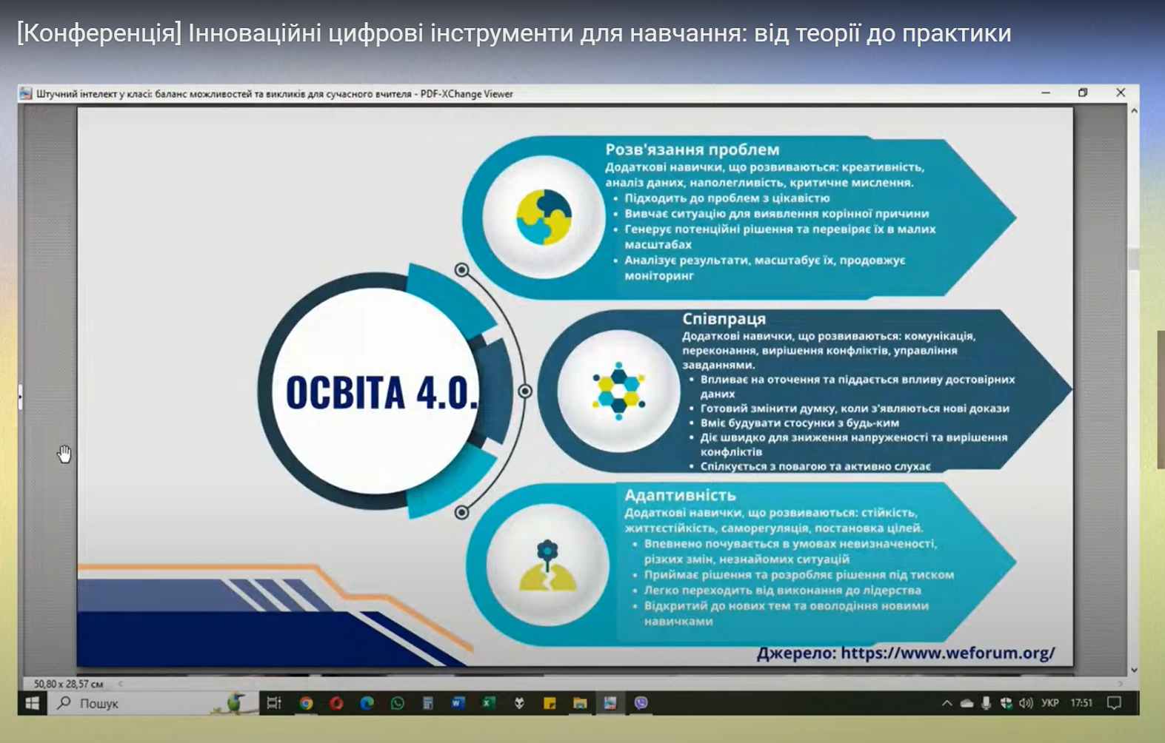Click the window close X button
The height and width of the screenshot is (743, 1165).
click(1121, 93)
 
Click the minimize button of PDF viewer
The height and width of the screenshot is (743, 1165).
click(1046, 93)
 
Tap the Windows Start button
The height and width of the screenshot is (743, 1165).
click(33, 703)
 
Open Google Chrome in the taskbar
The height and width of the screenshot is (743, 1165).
click(307, 703)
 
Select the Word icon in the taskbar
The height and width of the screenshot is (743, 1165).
click(458, 703)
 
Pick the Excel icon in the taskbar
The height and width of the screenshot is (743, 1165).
click(488, 703)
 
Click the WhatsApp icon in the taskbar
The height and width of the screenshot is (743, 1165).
click(398, 703)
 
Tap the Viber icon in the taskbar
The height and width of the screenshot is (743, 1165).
click(641, 703)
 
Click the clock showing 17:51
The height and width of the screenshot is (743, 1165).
click(1081, 703)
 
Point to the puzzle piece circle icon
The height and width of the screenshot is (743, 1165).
click(544, 217)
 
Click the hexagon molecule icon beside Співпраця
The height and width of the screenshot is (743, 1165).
click(619, 391)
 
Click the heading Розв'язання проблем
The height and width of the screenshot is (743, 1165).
click(692, 149)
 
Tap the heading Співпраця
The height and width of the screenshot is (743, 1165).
click(724, 318)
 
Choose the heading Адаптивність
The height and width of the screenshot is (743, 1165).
click(680, 494)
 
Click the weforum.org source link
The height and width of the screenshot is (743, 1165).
click(947, 653)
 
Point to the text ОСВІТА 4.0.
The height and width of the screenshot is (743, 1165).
click(381, 391)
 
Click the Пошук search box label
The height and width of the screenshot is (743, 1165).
click(99, 704)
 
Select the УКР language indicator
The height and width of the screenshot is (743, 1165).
click(1050, 703)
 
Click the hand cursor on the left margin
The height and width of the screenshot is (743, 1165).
click(64, 454)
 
